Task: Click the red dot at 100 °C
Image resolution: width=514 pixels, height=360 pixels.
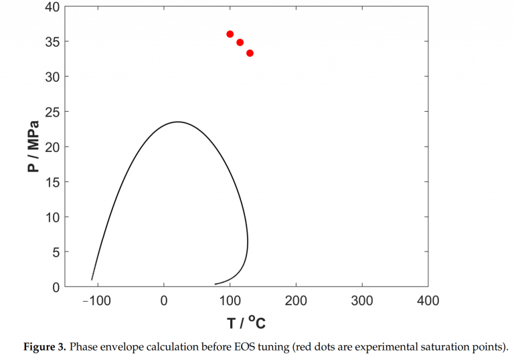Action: click(230, 34)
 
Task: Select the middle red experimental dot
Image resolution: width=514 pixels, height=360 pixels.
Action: click(240, 42)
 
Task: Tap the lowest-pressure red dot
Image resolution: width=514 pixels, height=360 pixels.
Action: click(250, 53)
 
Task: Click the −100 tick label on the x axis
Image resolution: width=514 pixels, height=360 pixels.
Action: click(96, 301)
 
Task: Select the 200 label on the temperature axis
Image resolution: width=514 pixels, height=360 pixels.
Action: click(296, 301)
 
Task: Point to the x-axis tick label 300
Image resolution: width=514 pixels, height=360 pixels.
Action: click(362, 301)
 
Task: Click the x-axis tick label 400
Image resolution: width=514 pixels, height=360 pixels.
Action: click(428, 301)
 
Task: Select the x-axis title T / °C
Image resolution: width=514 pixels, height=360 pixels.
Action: click(246, 323)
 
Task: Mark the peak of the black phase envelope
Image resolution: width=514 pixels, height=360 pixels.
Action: click(177, 122)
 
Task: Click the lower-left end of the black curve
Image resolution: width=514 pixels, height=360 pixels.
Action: click(92, 279)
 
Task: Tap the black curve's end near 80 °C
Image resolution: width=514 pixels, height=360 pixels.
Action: click(216, 284)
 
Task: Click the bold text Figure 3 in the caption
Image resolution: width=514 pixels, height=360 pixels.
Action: click(44, 347)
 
